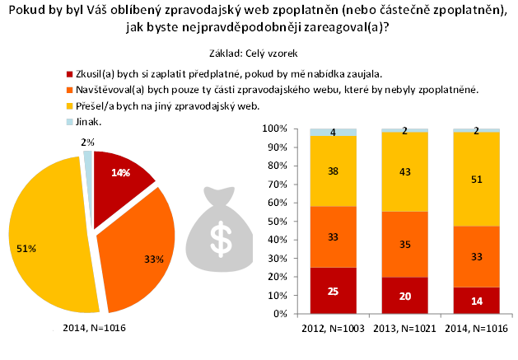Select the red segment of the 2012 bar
tap(334, 290)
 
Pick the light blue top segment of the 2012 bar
tap(334, 132)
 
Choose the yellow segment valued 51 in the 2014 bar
tap(477, 178)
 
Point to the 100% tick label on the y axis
tap(273, 129)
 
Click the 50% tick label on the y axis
tap(276, 221)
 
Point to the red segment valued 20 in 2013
tap(404, 295)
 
